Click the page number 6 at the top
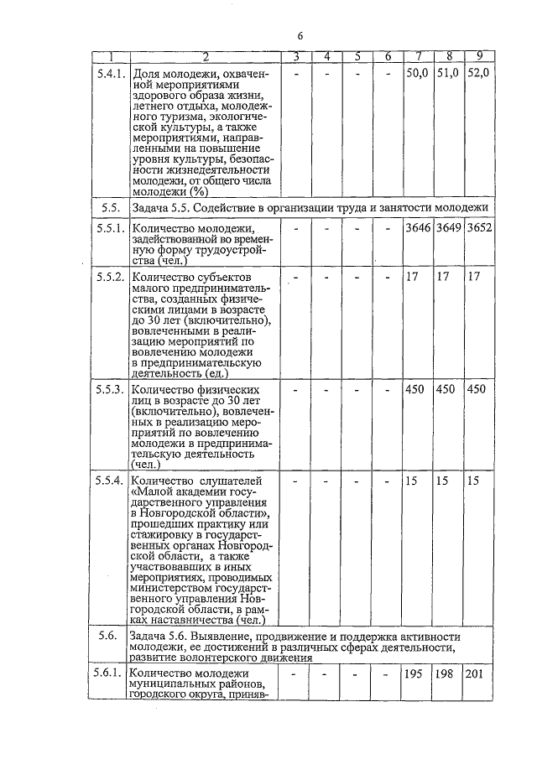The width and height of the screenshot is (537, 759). click(x=300, y=35)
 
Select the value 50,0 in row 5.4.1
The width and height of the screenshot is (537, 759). click(x=417, y=73)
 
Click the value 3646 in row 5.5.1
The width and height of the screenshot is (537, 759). click(x=418, y=227)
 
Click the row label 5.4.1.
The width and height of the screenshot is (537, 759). click(x=110, y=73)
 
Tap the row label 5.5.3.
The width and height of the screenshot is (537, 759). click(x=110, y=389)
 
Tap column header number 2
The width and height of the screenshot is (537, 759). click(x=204, y=56)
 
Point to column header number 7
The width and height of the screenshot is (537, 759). click(x=418, y=56)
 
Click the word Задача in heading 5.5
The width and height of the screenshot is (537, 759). click(x=153, y=206)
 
